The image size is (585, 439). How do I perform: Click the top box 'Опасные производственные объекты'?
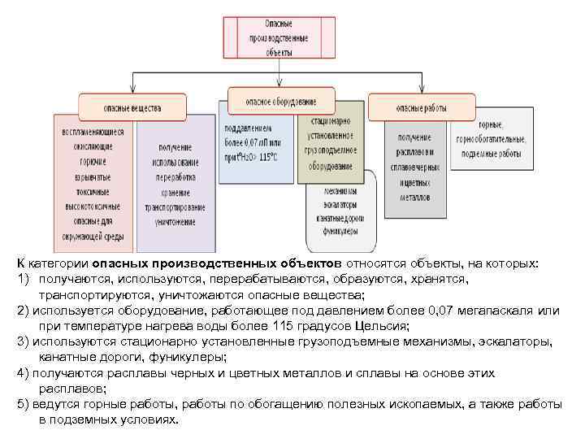[x=279, y=37]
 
